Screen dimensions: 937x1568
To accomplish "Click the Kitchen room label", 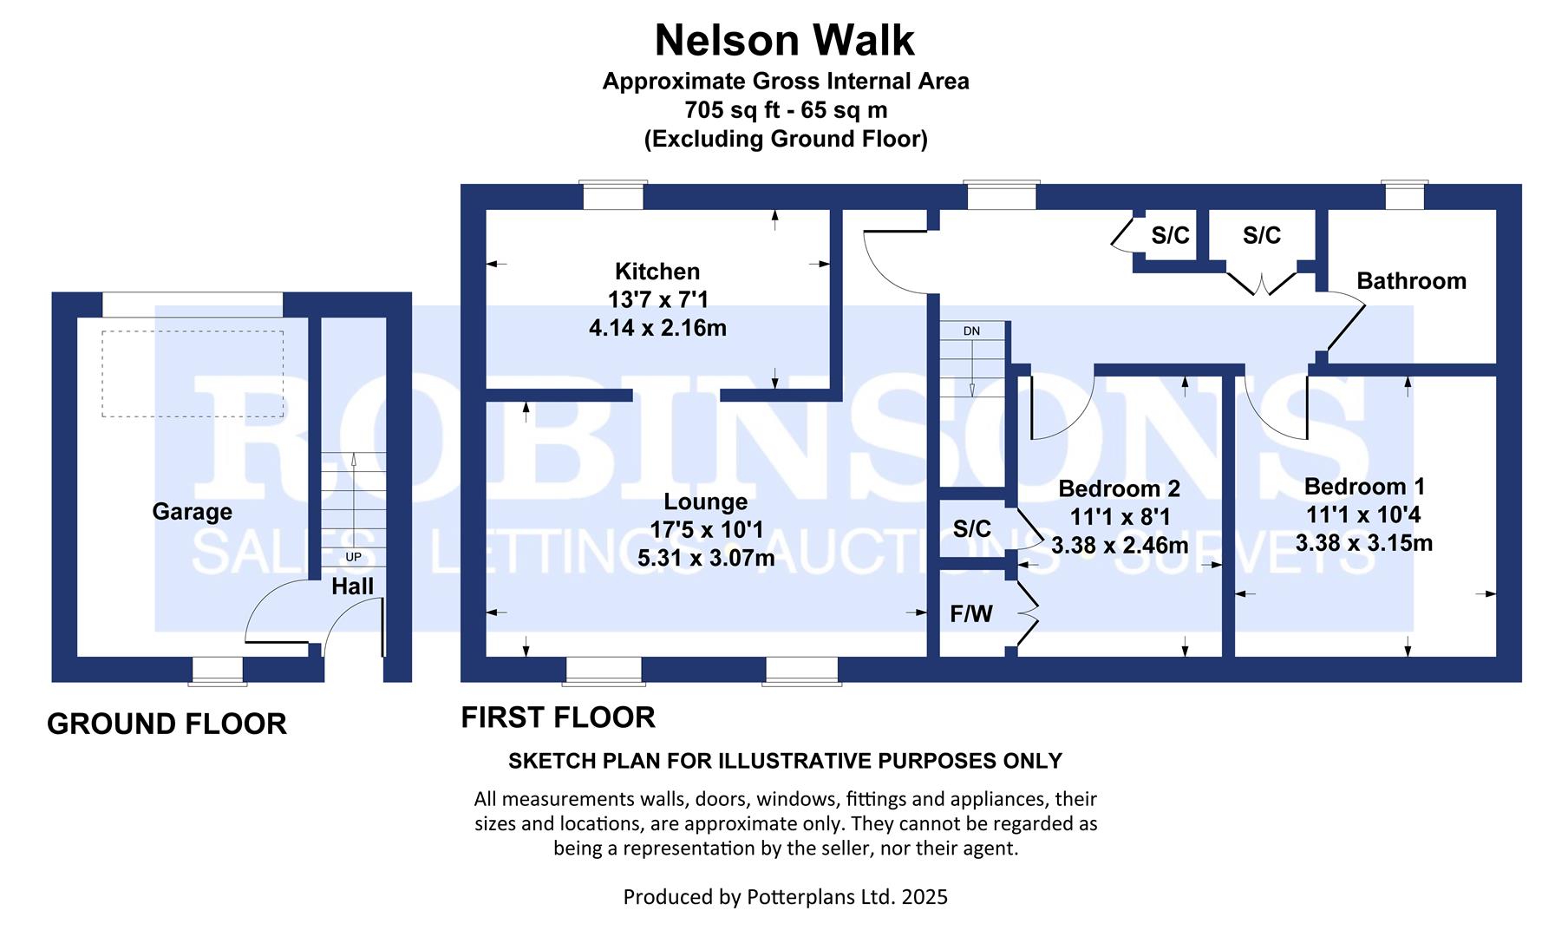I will pyautogui.click(x=657, y=272).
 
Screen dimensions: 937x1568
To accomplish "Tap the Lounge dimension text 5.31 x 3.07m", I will pyautogui.click(x=706, y=559).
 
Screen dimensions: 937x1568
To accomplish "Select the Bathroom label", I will pyautogui.click(x=1411, y=281).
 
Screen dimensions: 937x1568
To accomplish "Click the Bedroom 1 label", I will pyautogui.click(x=1364, y=487).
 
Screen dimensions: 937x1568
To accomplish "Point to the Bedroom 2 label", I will pyautogui.click(x=1119, y=489).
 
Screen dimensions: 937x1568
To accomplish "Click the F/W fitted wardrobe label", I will pyautogui.click(x=970, y=614).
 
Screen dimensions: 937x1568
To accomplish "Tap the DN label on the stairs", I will pyautogui.click(x=971, y=331).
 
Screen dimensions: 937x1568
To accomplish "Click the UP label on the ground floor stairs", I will pyautogui.click(x=353, y=557).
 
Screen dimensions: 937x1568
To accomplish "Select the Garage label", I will pyautogui.click(x=192, y=512).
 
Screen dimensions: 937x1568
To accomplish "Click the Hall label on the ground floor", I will pyautogui.click(x=352, y=586).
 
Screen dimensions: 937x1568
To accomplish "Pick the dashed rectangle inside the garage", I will pyautogui.click(x=193, y=374).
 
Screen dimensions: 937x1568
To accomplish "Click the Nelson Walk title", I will pyautogui.click(x=784, y=40).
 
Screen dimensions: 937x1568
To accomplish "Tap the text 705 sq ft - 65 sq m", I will pyautogui.click(x=785, y=110).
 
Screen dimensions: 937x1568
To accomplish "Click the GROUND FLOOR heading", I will pyautogui.click(x=167, y=724).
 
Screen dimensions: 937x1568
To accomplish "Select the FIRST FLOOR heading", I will pyautogui.click(x=558, y=717).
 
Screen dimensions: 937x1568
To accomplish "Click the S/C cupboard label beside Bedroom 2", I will pyautogui.click(x=971, y=528).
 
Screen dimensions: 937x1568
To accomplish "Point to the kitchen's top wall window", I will pyautogui.click(x=613, y=195).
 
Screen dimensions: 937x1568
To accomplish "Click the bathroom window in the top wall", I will pyautogui.click(x=1404, y=195).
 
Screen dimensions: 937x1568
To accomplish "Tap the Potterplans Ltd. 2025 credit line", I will pyautogui.click(x=785, y=896).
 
